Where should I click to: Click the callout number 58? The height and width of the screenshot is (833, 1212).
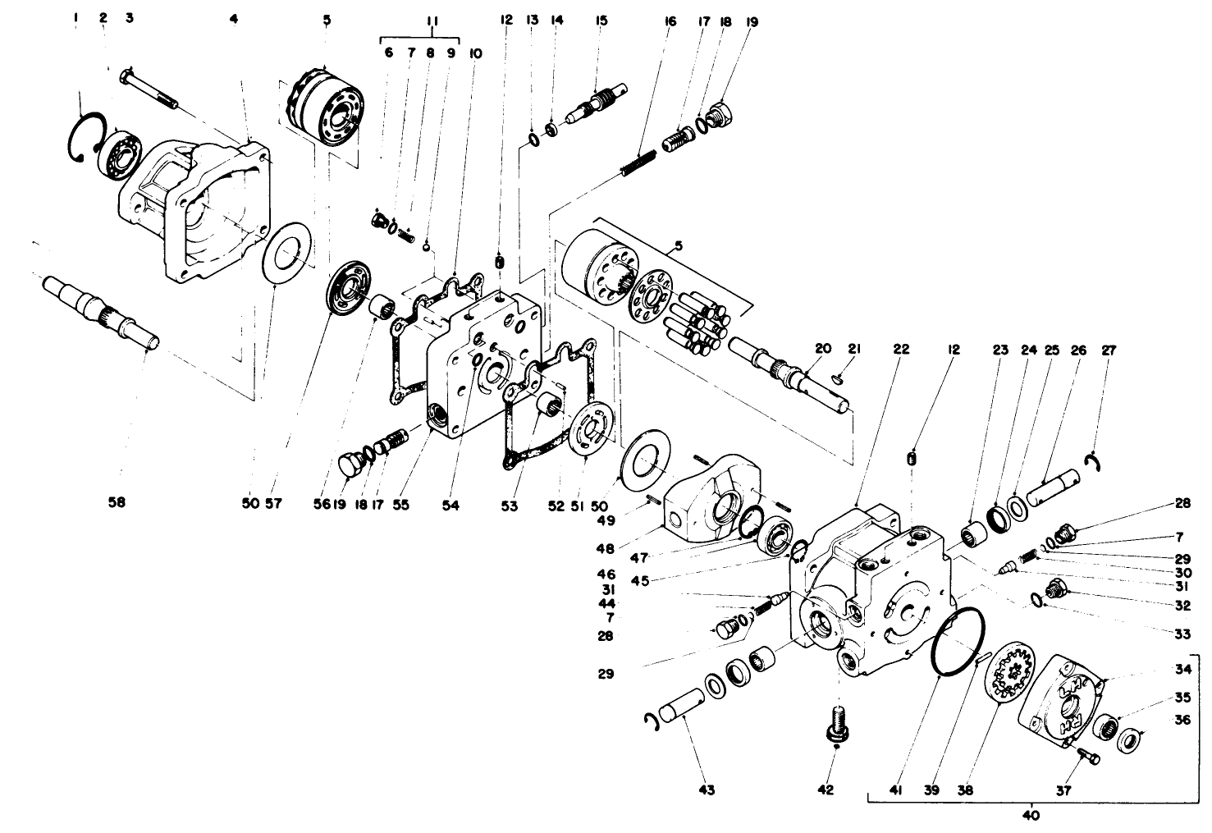pyautogui.click(x=117, y=501)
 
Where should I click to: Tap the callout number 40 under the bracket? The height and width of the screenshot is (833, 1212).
pyautogui.click(x=1031, y=816)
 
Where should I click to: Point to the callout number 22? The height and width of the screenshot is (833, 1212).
pyautogui.click(x=901, y=349)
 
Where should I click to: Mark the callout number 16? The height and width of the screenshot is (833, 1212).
pyautogui.click(x=670, y=21)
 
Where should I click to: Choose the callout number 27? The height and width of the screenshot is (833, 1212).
pyautogui.click(x=1109, y=350)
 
